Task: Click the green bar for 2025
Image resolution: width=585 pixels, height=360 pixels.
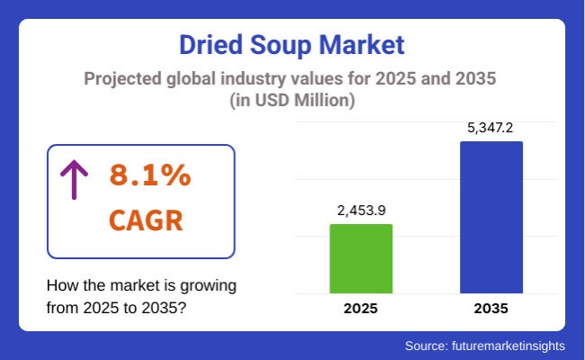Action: click(361, 258)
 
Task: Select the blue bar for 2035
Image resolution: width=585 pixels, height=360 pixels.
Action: click(490, 217)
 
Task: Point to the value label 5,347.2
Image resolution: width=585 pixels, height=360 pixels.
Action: click(490, 127)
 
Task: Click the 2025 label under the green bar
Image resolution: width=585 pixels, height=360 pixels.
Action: click(361, 309)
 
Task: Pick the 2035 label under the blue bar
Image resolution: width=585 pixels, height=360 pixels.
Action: click(490, 309)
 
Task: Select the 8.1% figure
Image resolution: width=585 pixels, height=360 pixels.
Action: click(149, 175)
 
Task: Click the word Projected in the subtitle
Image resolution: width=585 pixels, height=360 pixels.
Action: click(121, 79)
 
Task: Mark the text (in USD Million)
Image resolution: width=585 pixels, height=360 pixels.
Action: click(292, 103)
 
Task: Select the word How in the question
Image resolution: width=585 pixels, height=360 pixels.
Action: click(61, 286)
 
